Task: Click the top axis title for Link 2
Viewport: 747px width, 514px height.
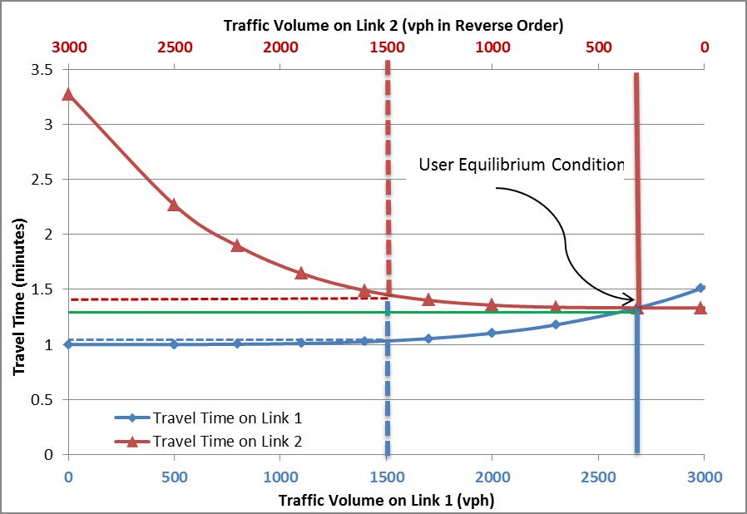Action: pyautogui.click(x=393, y=25)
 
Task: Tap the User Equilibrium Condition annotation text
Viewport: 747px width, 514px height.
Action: pyautogui.click(x=522, y=165)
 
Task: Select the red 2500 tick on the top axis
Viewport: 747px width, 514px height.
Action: pyautogui.click(x=174, y=47)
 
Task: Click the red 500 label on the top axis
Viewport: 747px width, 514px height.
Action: pyautogui.click(x=598, y=47)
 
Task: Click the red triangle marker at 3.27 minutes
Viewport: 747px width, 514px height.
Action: pyautogui.click(x=68, y=94)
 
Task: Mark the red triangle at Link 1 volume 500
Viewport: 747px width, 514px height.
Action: pyautogui.click(x=174, y=205)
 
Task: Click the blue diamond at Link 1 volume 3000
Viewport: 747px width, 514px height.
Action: pyautogui.click(x=700, y=289)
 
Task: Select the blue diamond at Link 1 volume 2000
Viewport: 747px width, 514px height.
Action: pyautogui.click(x=492, y=333)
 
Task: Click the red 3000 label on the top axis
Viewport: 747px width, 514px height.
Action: pyautogui.click(x=68, y=47)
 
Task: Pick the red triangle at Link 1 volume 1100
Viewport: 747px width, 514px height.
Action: pyautogui.click(x=301, y=273)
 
